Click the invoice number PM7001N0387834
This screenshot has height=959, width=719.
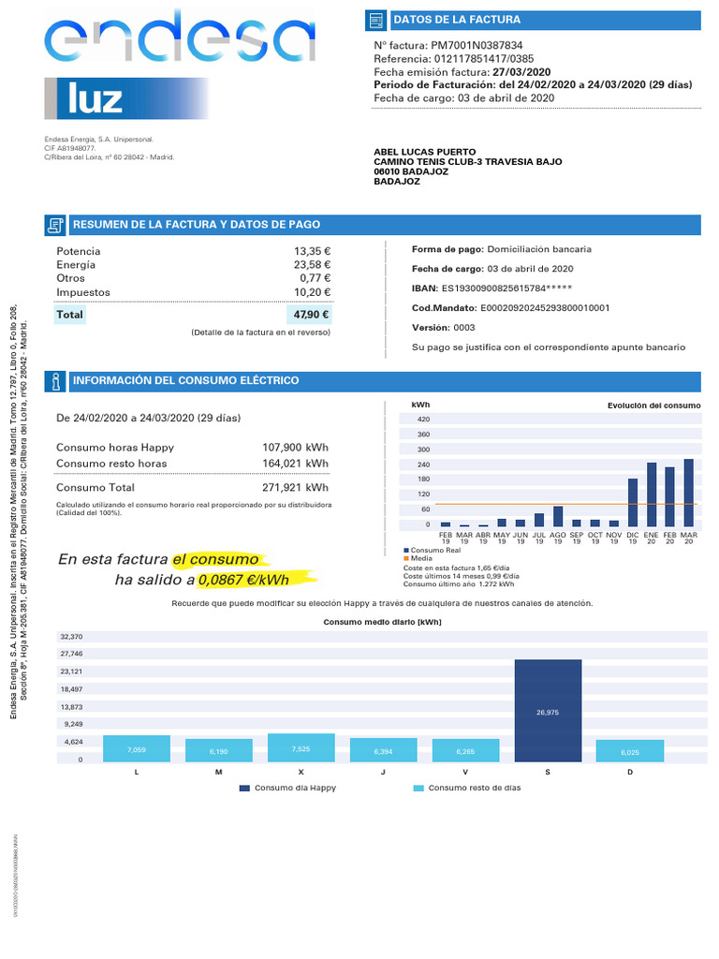coord(477,45)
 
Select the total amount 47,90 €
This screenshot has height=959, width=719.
coord(312,315)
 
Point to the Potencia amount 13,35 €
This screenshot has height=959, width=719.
coord(312,251)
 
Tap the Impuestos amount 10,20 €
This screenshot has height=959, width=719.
coord(312,292)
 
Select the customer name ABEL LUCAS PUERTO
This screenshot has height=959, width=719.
coord(424,152)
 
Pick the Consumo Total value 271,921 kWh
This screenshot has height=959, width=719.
coord(295,487)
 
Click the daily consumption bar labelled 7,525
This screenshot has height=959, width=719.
coord(301,746)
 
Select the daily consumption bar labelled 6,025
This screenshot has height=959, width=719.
coord(630,750)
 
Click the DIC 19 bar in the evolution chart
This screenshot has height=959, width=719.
coord(633,504)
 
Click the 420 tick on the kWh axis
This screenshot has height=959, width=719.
coord(423,420)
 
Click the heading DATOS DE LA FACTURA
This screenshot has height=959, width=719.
coord(457,20)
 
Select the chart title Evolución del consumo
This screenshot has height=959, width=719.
coord(653,406)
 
